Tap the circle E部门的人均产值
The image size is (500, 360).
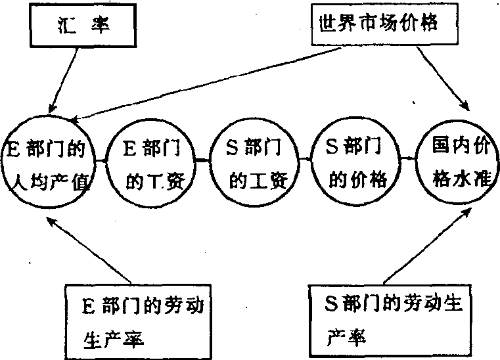click(x=50, y=162)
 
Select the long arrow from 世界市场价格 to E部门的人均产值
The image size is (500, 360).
click(x=197, y=85)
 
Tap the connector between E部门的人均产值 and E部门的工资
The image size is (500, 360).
click(x=101, y=160)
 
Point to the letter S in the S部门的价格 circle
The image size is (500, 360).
click(x=332, y=148)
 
